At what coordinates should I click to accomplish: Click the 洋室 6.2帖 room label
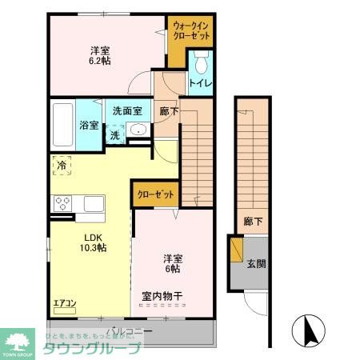point(100,54)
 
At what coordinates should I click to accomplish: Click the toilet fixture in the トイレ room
point(200,62)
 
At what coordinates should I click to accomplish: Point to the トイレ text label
point(200,82)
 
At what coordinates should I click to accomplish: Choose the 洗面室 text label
point(126,111)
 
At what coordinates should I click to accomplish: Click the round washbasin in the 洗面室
point(138,132)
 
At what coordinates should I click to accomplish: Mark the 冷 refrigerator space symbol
point(62,166)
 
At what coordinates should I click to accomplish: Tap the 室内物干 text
point(162,297)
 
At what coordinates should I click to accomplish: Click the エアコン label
point(65,303)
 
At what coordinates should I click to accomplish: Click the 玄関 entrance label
point(256,264)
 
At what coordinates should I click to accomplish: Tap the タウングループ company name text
point(93,348)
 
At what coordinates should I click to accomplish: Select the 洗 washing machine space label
point(115,135)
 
